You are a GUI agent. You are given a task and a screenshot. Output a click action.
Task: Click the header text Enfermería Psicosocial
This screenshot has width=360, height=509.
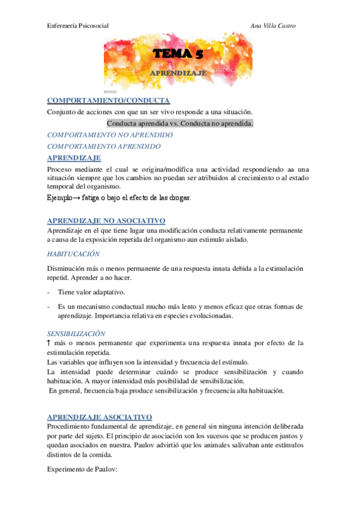77,26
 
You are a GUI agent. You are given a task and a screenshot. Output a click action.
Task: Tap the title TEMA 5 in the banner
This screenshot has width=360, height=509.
178,55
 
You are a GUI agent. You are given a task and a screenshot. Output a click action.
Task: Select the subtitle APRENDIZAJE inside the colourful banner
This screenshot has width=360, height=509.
178,73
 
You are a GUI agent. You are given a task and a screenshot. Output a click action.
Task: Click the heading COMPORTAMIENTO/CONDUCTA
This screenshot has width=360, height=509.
109,101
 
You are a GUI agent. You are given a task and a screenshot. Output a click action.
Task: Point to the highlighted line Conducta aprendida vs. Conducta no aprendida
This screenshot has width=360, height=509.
180,124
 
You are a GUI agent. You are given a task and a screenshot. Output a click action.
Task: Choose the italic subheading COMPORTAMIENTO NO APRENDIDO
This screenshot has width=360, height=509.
110,135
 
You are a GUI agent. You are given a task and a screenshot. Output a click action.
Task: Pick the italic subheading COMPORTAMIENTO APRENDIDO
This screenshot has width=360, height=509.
104,146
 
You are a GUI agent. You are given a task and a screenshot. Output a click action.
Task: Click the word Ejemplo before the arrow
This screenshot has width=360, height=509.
61,197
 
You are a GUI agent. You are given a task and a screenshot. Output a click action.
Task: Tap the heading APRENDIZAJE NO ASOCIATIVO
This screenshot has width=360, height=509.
106,221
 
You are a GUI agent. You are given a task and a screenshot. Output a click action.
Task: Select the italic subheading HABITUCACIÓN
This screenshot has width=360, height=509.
73,254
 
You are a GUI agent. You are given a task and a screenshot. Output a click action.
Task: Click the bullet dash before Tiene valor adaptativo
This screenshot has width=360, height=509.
48,292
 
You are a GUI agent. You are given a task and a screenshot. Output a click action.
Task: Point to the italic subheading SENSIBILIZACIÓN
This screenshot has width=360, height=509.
76,333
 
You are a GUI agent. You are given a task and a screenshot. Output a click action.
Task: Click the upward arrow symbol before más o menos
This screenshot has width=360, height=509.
49,343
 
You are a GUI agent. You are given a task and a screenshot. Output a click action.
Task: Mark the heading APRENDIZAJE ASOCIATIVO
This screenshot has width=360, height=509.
100,417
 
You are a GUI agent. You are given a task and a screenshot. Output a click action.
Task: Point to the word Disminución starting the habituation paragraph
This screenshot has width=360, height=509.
66,269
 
